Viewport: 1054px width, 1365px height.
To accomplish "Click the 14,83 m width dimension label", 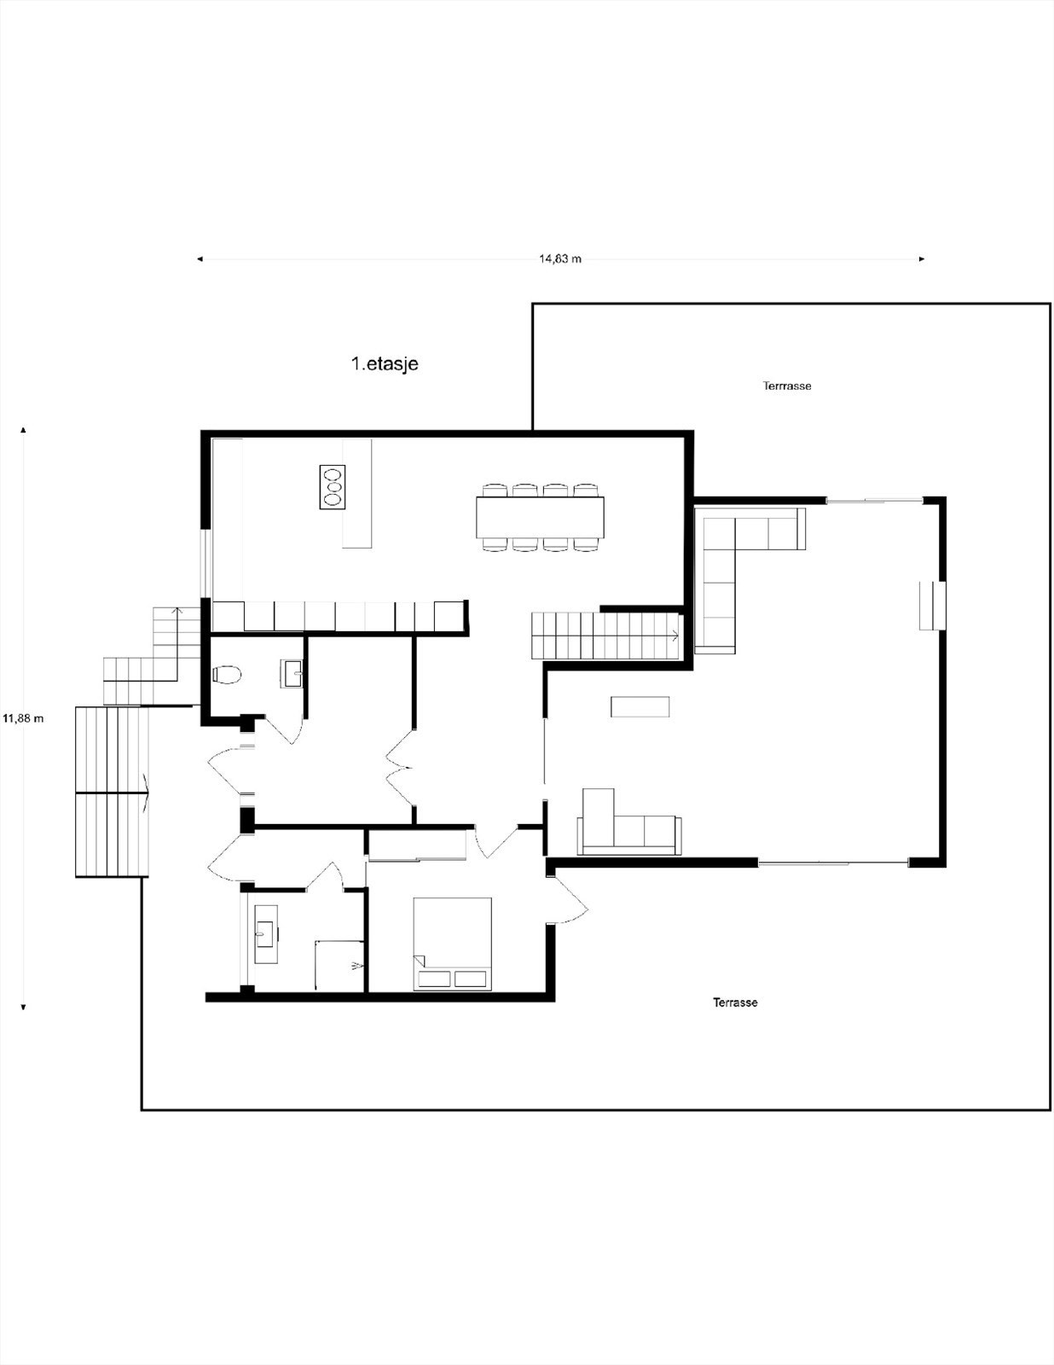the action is (x=560, y=258).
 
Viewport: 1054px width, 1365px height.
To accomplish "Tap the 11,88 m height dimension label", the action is (x=23, y=718).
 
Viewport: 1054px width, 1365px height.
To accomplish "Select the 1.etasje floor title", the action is (x=385, y=363).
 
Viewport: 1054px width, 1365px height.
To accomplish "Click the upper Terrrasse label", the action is (x=787, y=386).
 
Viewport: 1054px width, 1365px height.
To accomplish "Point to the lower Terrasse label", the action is (x=735, y=1002).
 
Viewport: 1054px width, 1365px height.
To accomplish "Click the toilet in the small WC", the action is (x=227, y=675).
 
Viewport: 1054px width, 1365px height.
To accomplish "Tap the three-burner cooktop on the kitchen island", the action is (x=332, y=487).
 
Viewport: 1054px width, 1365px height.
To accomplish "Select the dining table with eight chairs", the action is (x=540, y=517).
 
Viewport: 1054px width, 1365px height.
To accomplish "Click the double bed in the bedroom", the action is (x=452, y=944).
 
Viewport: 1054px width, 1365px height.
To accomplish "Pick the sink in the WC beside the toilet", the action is (x=292, y=673).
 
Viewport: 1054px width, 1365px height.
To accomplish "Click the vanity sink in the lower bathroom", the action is (x=266, y=933).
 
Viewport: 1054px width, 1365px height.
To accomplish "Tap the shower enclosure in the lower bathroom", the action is (x=339, y=966).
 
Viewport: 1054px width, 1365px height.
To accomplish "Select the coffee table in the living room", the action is (x=640, y=706).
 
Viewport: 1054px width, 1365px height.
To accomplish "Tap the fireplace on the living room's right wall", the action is (x=932, y=606).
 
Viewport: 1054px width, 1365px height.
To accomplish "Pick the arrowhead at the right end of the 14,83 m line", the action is (x=922, y=258).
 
